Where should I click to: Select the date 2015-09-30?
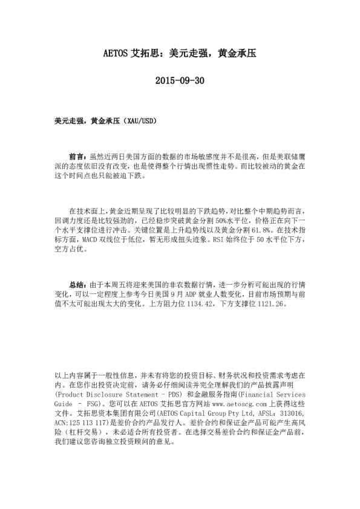(180, 80)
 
